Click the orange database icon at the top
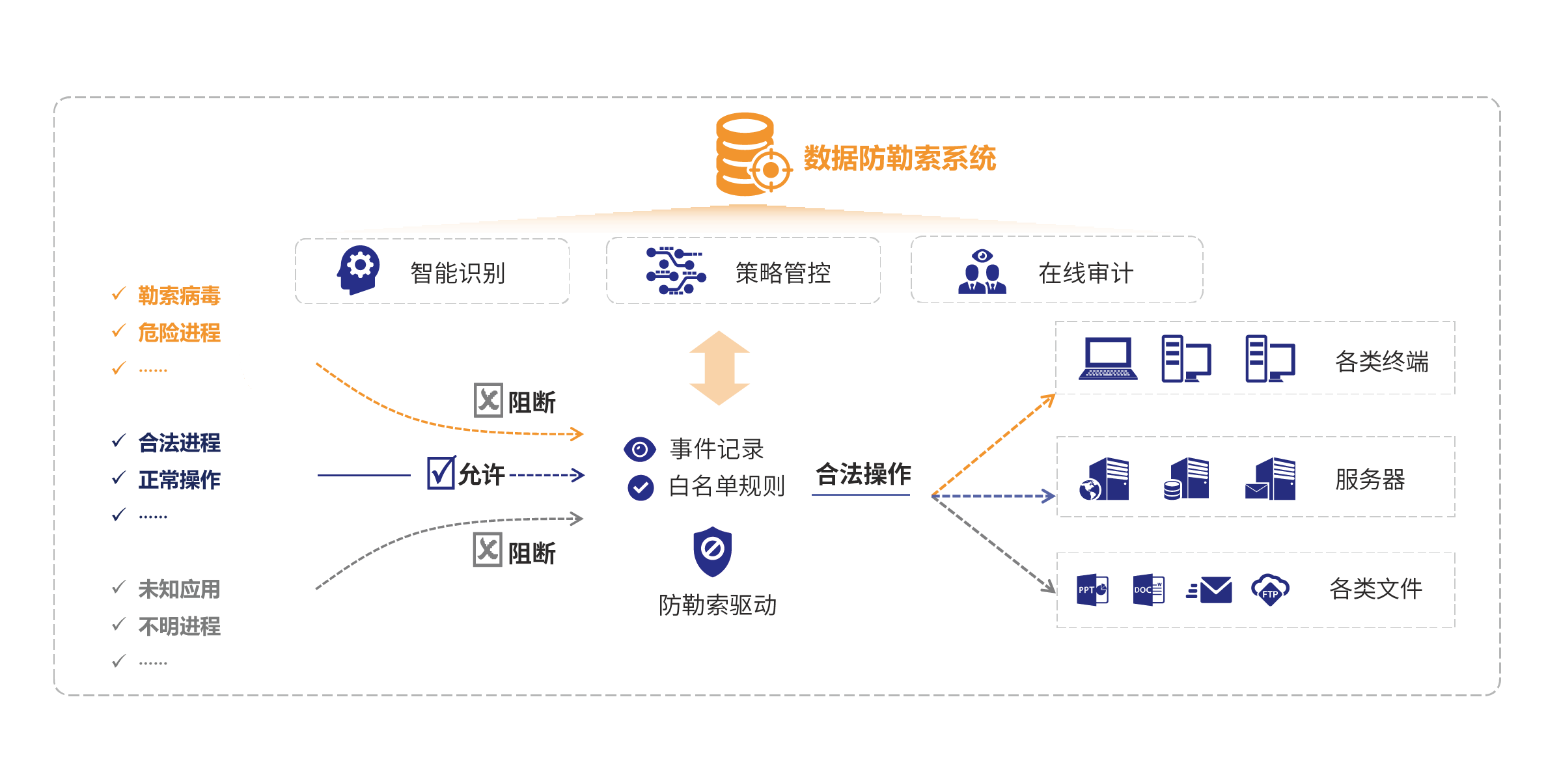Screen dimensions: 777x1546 tap(749, 155)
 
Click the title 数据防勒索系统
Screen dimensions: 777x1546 tap(900, 158)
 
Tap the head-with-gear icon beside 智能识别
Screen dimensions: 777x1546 tap(358, 270)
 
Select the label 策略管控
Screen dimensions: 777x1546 tap(782, 273)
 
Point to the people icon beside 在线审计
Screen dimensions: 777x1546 tap(982, 273)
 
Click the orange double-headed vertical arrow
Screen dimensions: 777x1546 tap(719, 368)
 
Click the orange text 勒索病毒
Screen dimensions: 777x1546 tap(179, 295)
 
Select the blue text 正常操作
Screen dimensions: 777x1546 tap(179, 480)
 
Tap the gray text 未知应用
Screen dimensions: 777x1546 tap(179, 589)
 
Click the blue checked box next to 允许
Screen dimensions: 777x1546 tap(441, 472)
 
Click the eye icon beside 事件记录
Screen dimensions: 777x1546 tap(639, 449)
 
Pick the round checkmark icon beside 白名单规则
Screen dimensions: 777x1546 tap(641, 487)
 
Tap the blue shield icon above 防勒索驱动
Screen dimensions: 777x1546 tap(712, 551)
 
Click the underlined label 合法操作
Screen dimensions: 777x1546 tap(863, 474)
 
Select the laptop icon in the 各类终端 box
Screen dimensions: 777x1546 tap(1108, 359)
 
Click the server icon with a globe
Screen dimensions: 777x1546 tap(1104, 480)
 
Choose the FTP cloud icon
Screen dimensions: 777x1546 tap(1269, 590)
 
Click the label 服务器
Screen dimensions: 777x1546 tap(1370, 480)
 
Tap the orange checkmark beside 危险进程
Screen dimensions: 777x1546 tap(118, 331)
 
